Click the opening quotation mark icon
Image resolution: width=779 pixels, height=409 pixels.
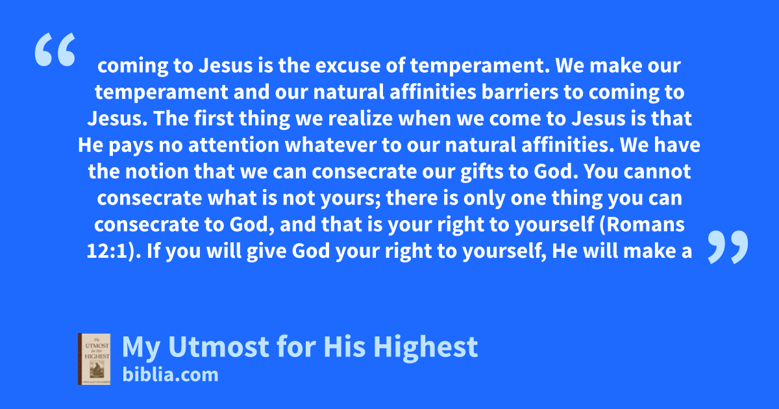55,49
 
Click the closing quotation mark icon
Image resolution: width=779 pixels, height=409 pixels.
728,247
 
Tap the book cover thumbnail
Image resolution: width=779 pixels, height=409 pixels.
94,359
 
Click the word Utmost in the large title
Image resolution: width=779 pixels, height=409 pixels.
219,347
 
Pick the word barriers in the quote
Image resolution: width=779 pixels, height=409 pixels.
520,92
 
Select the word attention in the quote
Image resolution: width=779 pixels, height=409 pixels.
234,145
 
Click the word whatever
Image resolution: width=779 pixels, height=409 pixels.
330,145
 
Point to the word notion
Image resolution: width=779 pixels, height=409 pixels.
156,171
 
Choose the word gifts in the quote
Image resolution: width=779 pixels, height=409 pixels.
482,172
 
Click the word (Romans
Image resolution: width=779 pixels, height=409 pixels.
642,225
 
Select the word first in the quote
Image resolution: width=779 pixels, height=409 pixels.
214,118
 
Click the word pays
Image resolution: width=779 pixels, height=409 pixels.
131,145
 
